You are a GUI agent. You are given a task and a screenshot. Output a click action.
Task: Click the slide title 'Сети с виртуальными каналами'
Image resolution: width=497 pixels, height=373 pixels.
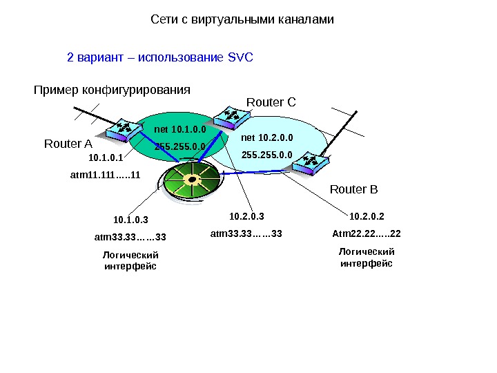pos(242,20)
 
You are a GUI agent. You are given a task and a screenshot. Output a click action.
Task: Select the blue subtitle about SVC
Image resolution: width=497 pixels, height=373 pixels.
pos(160,57)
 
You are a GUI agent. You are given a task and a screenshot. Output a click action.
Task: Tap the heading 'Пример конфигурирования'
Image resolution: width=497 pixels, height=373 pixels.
pos(112,90)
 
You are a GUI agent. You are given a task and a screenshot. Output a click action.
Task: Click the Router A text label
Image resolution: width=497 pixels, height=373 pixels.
pos(68,144)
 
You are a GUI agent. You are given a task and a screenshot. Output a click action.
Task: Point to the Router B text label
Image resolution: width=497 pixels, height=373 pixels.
pos(354,189)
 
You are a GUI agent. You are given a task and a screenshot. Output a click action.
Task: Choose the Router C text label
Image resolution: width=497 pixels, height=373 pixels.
pos(271,103)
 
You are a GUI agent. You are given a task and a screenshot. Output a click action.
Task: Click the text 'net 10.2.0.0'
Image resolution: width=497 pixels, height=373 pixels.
pos(266,138)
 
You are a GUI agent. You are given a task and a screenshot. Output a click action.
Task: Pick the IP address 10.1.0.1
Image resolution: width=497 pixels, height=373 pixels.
pos(106,158)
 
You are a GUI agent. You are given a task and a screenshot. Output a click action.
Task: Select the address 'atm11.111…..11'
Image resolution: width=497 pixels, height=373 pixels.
pos(105,175)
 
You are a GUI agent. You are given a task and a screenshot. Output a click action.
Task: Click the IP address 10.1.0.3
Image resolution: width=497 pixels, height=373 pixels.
pos(130,220)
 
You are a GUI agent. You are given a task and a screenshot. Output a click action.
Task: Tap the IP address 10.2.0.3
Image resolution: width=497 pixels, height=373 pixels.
pos(246,217)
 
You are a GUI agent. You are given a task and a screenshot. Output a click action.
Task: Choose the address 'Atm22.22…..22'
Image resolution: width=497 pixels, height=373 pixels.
pos(367,233)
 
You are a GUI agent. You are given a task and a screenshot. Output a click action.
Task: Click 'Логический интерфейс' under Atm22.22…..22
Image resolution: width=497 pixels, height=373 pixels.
pos(367,258)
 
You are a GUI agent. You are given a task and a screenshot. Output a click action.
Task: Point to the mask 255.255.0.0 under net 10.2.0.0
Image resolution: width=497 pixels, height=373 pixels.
pos(266,155)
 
